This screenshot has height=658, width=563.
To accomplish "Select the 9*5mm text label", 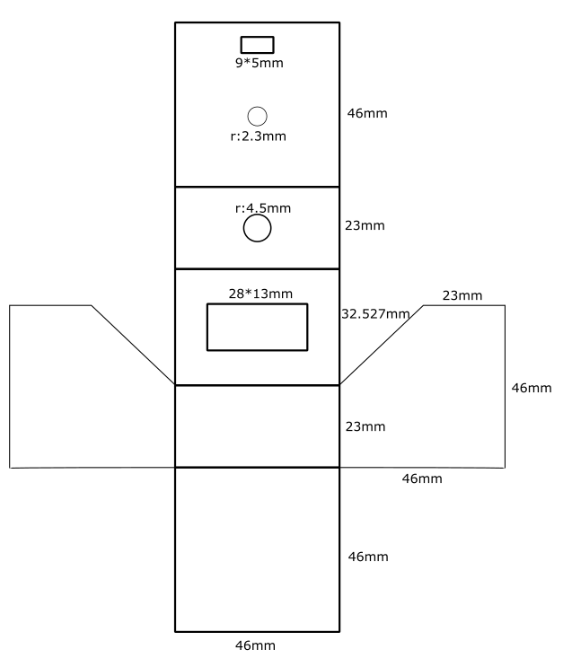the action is pyautogui.click(x=259, y=63).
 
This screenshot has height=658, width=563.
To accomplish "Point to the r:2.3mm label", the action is pyautogui.click(x=259, y=136).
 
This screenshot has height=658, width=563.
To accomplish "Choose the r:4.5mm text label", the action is pyautogui.click(x=263, y=208).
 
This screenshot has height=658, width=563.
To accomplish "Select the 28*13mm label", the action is pyautogui.click(x=260, y=294).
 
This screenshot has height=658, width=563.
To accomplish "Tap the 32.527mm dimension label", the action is pyautogui.click(x=375, y=314).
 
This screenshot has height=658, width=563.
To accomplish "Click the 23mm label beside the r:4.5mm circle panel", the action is pyautogui.click(x=365, y=225).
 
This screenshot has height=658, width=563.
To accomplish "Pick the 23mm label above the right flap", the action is pyautogui.click(x=462, y=295).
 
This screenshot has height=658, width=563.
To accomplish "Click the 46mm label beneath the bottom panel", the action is pyautogui.click(x=255, y=645).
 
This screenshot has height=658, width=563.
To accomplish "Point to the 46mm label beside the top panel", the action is pyautogui.click(x=367, y=113).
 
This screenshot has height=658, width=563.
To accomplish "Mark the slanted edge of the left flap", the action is pyautogui.click(x=133, y=345).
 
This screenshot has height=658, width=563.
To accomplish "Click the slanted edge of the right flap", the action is pyautogui.click(x=382, y=345).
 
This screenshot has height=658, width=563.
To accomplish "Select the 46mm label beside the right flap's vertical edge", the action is pyautogui.click(x=532, y=388).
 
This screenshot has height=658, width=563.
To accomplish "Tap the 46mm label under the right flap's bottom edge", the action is pyautogui.click(x=422, y=478).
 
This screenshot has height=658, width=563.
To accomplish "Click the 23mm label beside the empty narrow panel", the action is pyautogui.click(x=365, y=426).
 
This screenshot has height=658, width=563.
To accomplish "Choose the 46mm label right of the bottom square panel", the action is pyautogui.click(x=368, y=557).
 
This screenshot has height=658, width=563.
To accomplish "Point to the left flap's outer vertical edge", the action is pyautogui.click(x=10, y=387).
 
